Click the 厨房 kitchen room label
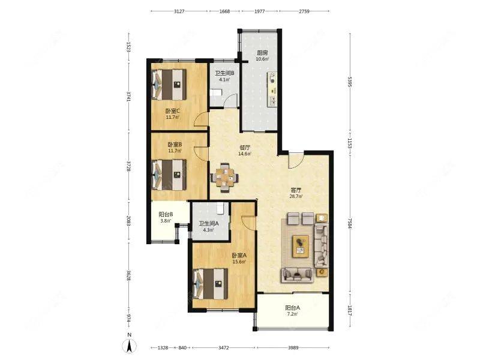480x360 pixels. [262, 53]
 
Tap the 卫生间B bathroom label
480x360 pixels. [224, 73]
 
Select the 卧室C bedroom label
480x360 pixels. [173, 111]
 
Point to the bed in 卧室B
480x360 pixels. [169, 175]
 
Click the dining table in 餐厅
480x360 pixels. [224, 178]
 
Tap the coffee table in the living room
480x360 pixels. [301, 246]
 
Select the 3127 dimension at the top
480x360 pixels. [179, 11]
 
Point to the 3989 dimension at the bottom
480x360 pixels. [293, 348]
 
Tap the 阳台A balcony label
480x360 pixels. [293, 308]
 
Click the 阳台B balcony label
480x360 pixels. [166, 215]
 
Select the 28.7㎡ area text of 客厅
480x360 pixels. [296, 197]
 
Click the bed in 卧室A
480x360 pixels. [211, 284]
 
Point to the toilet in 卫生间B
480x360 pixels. [215, 93]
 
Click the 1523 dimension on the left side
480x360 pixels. [129, 47]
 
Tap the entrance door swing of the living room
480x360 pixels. [296, 160]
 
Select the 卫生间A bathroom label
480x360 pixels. [208, 223]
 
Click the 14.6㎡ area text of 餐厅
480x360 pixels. [245, 154]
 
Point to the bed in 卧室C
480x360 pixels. [169, 85]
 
